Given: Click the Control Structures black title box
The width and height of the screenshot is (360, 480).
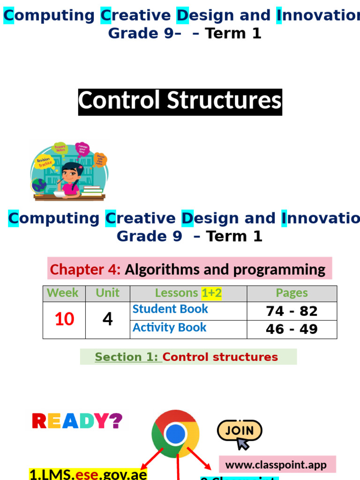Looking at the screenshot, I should (x=180, y=101).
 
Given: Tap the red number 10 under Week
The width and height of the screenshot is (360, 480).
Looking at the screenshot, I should (x=64, y=319).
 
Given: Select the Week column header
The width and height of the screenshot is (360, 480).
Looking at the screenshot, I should (x=63, y=293).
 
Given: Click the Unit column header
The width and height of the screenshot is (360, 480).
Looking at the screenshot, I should (x=107, y=293).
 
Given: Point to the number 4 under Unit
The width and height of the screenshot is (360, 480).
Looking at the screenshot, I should (x=107, y=319).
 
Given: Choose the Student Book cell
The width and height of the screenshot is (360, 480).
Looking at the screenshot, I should (x=170, y=309).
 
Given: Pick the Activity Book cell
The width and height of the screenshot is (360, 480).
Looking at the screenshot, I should (x=169, y=328).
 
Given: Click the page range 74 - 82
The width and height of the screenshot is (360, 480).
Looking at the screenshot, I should (x=292, y=311).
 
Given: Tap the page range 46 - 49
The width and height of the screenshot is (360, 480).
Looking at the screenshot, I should (x=292, y=329).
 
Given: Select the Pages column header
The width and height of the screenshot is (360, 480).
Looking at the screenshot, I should (x=292, y=293).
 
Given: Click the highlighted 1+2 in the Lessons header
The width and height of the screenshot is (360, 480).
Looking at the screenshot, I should (x=211, y=293).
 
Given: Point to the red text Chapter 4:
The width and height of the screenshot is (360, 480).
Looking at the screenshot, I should (x=85, y=270).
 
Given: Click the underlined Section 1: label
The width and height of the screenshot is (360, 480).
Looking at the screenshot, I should (x=128, y=357).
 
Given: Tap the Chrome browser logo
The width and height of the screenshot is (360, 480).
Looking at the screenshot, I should (x=175, y=434).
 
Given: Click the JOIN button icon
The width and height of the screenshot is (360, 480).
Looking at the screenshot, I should (x=239, y=432).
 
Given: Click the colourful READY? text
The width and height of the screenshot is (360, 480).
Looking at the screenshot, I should (x=77, y=421).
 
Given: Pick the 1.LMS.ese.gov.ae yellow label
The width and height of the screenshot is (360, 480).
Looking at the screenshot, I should (x=88, y=474).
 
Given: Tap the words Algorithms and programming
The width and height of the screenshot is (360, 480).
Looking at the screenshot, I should (x=225, y=270).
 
